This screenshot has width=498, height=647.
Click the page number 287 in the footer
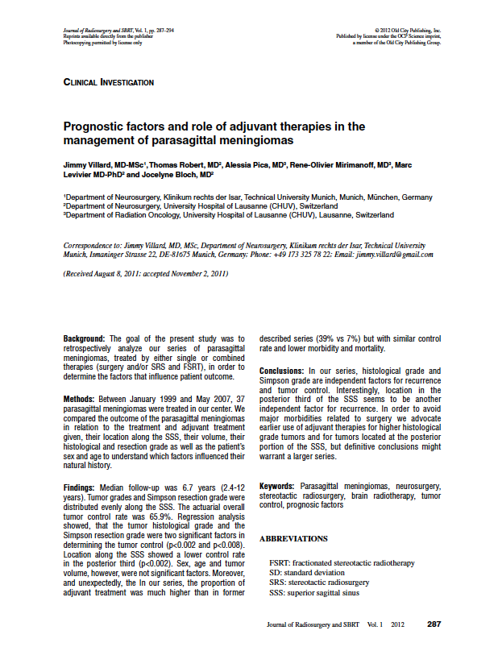pyautogui.click(x=434, y=624)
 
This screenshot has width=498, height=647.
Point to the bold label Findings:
pyautogui.click(x=81, y=487)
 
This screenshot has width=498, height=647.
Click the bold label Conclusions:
pyautogui.click(x=281, y=371)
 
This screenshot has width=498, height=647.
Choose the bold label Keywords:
pyautogui.click(x=277, y=487)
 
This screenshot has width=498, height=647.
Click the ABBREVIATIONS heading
pyautogui.click(x=293, y=537)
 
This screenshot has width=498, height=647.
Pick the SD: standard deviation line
pyautogui.click(x=310, y=572)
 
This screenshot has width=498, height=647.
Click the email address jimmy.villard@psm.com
pyautogui.click(x=397, y=254)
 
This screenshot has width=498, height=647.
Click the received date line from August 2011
pyautogui.click(x=145, y=274)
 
